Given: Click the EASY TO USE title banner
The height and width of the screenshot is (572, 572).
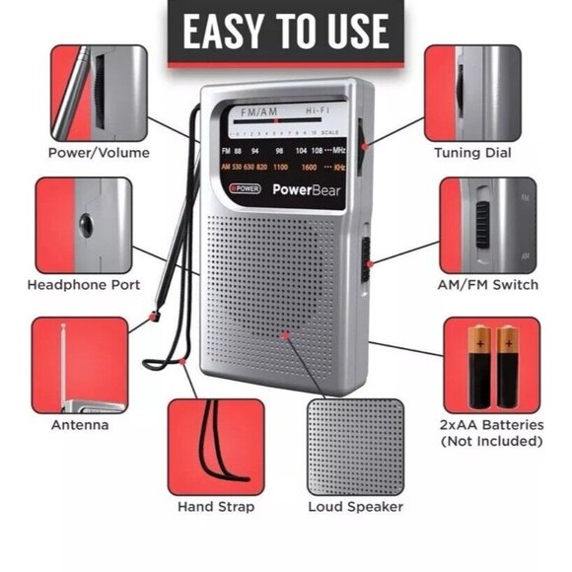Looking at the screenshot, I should tap(286, 32).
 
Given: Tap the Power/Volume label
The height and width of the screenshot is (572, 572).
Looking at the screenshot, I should tap(99, 153).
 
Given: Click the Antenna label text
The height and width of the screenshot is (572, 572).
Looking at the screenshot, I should tap(80, 425).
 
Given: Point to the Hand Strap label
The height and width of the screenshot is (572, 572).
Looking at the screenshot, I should tap(216, 507).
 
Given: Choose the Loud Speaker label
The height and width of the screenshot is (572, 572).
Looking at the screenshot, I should tap(355, 507).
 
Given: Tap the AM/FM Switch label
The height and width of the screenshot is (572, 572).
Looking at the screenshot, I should tap(488, 285).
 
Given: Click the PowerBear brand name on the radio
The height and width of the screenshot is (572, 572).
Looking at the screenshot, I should tap(307, 190).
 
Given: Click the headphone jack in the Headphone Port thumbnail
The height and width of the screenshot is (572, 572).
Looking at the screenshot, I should tap(86, 225).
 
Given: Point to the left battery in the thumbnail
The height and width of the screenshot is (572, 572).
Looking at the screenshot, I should tap(479, 366).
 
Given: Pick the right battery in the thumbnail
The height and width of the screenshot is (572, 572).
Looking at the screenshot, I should tap(507, 366).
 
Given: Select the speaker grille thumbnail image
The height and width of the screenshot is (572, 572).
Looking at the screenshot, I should tap(355, 446).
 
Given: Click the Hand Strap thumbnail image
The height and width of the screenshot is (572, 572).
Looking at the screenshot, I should tap(216, 446).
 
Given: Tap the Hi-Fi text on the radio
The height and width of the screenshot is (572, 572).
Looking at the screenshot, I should tap(318, 113).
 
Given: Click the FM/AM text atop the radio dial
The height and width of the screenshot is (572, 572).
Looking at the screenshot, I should tap(259, 113).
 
